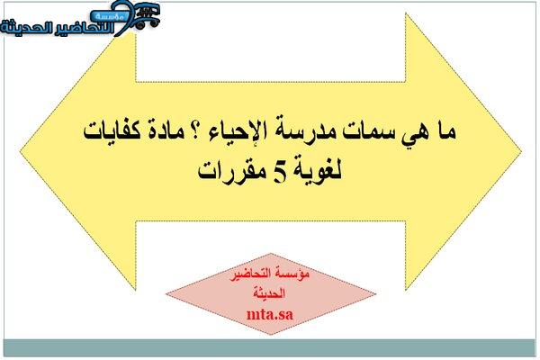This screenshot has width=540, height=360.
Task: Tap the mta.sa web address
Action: click(270, 314)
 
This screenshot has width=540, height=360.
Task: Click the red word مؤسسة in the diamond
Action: click(295, 274)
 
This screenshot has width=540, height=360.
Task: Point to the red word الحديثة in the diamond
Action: click(269, 293)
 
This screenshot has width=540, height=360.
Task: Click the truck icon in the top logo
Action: click(145, 14)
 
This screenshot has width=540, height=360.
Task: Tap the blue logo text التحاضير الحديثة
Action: click(58, 28)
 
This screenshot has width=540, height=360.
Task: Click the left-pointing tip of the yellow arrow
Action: click(20, 150)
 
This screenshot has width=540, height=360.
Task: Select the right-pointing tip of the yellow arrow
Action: click(521, 150)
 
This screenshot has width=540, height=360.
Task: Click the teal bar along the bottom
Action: click(270, 348)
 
